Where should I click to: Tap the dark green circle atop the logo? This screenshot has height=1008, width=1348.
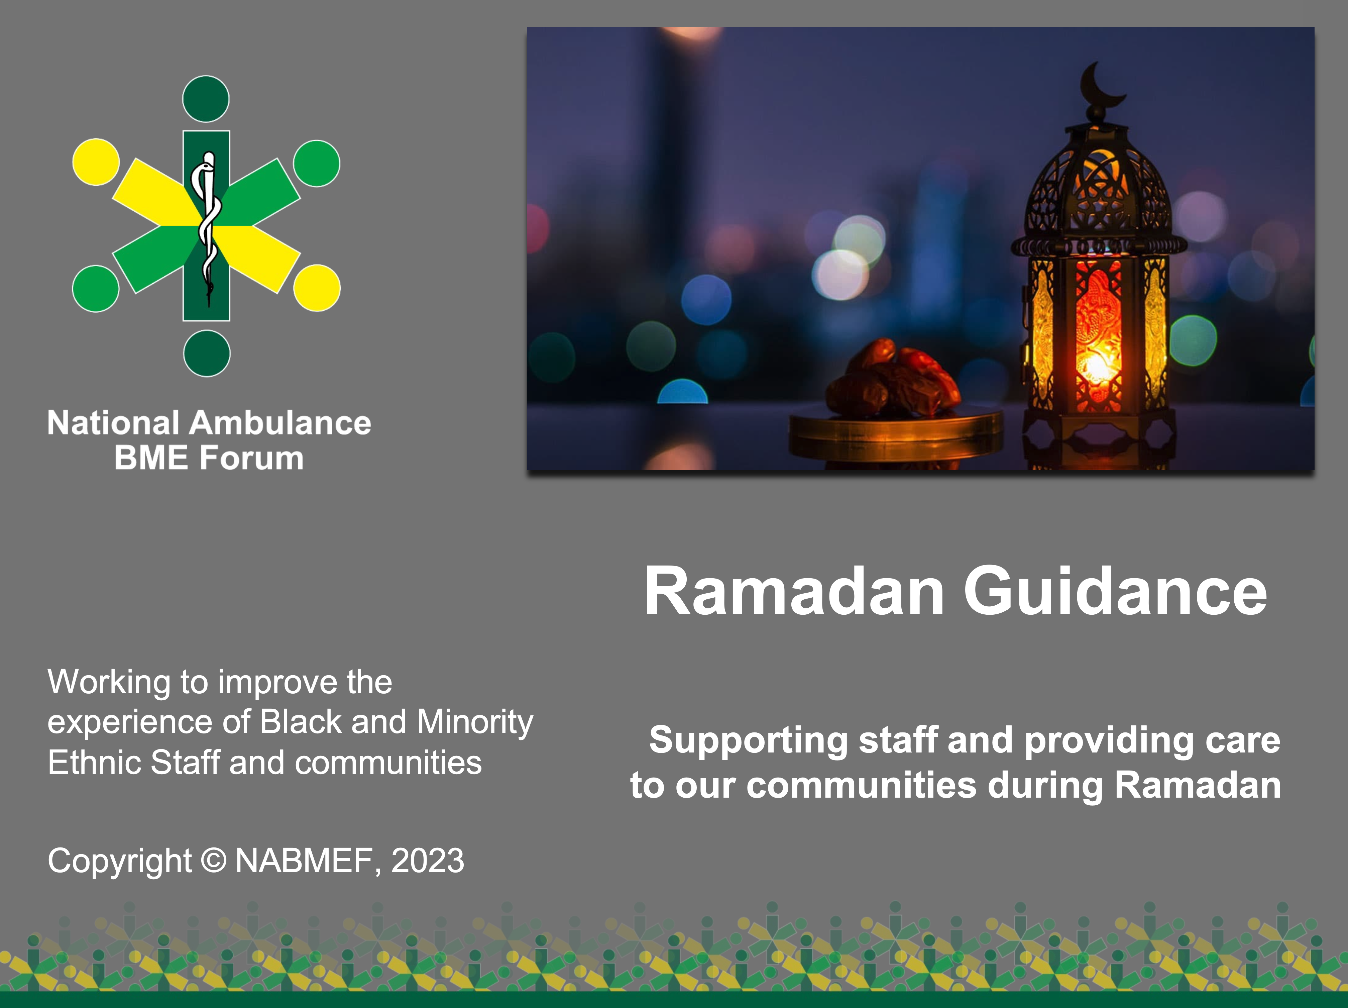[206, 99]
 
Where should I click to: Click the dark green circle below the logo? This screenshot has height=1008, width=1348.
[207, 354]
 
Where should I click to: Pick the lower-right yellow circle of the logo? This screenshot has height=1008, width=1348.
[317, 288]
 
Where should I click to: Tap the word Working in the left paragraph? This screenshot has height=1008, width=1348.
[108, 683]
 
